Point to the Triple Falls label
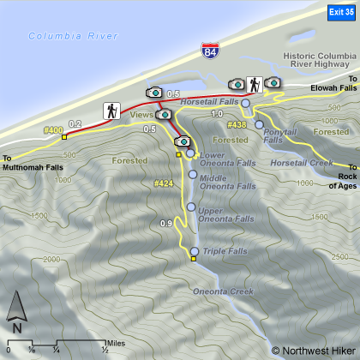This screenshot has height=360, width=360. (x=225, y=251)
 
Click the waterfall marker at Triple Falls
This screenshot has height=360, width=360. (x=195, y=252)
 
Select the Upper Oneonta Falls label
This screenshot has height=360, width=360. (x=221, y=215)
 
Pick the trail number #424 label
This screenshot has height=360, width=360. (x=164, y=183)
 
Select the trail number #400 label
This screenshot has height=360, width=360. (x=53, y=130)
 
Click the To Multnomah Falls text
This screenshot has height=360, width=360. (x=32, y=163)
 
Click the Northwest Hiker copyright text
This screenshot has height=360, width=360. (x=313, y=350)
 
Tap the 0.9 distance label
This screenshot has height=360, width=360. (x=166, y=225)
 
